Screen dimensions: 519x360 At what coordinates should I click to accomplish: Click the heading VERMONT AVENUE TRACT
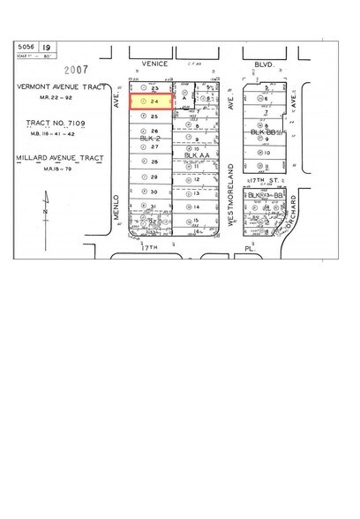point(55,87)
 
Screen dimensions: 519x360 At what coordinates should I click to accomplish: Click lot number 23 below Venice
point(154,89)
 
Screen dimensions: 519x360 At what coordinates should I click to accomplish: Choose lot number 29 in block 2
point(154,177)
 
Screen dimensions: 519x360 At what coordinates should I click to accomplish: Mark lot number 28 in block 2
point(154,162)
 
